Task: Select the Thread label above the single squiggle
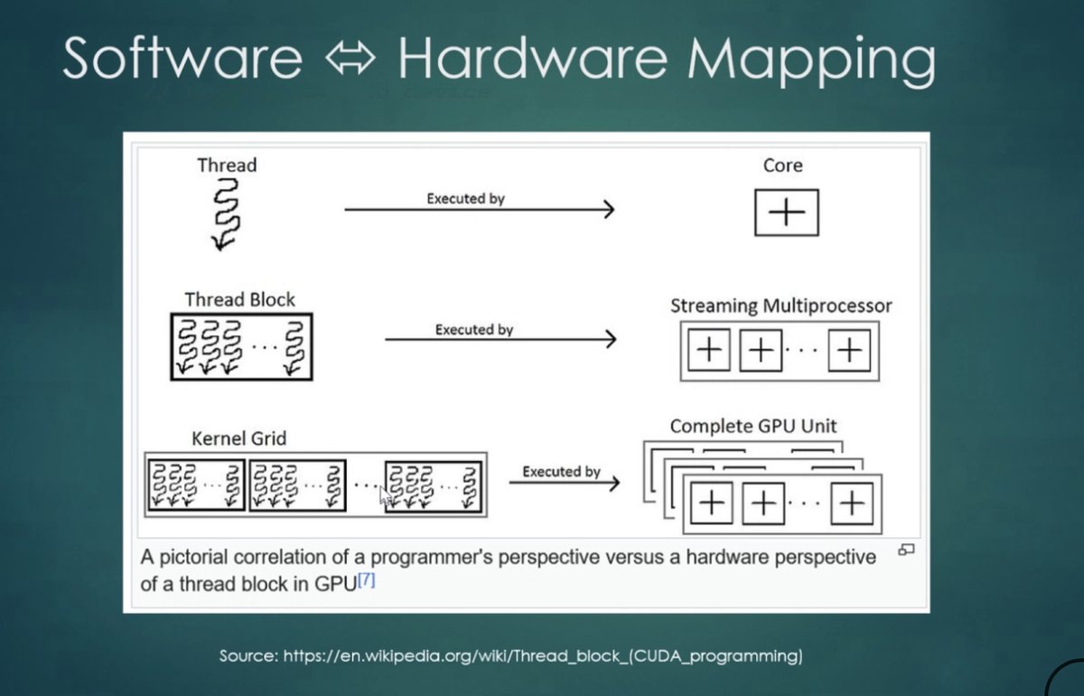click(x=227, y=165)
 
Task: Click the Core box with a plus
click(x=786, y=212)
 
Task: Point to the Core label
click(x=782, y=165)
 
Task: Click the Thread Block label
click(x=239, y=299)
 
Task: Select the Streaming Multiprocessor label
click(x=780, y=306)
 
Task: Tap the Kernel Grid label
click(x=238, y=438)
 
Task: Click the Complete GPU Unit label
click(x=753, y=426)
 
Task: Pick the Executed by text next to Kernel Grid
click(x=561, y=471)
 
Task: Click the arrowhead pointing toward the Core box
click(x=609, y=210)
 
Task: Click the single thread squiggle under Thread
click(x=224, y=213)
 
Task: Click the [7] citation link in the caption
click(x=366, y=580)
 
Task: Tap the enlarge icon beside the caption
click(x=906, y=549)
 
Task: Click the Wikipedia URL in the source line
click(x=543, y=655)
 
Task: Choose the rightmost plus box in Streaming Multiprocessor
click(x=849, y=351)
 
